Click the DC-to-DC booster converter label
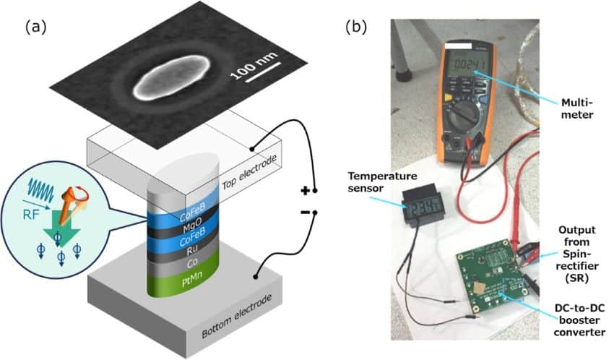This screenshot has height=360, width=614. click(x=576, y=320)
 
